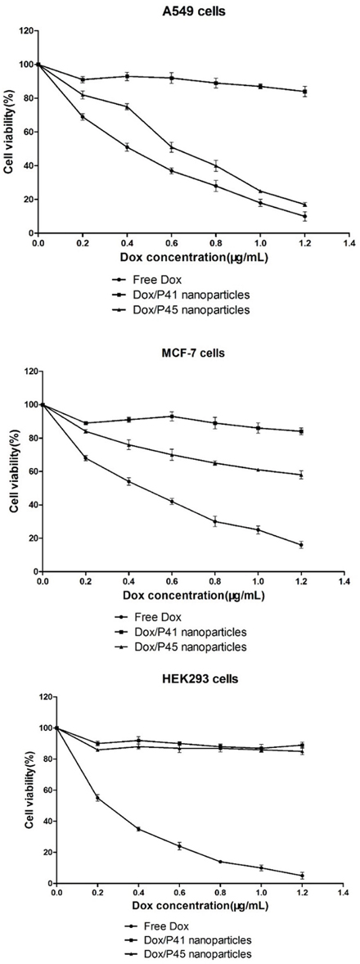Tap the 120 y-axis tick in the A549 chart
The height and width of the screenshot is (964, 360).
pos(25,31)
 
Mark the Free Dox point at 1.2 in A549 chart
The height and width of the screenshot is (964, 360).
pos(304,216)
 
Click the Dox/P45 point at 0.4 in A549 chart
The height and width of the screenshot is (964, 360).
pos(127,106)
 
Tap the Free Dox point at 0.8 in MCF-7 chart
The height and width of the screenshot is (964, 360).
pos(215,522)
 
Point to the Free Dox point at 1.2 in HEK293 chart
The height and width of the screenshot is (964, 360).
pos(302,876)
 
